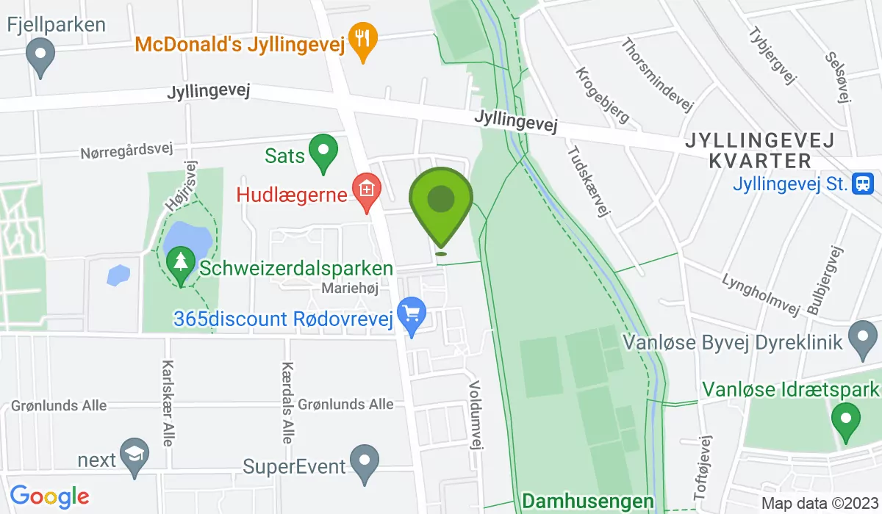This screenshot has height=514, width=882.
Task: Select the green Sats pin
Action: (322, 152)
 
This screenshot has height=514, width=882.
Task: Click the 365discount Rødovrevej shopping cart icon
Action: (412, 315)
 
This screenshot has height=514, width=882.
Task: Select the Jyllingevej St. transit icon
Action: (862, 183)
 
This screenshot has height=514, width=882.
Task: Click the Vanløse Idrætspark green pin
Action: (845, 421)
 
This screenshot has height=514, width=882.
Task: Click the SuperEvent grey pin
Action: (364, 462)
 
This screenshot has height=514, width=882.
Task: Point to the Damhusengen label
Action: (587, 502)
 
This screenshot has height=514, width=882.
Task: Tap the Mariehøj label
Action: (350, 289)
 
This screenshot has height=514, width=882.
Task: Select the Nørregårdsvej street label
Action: (126, 152)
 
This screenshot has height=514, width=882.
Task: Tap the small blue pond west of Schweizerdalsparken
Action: (118, 275)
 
